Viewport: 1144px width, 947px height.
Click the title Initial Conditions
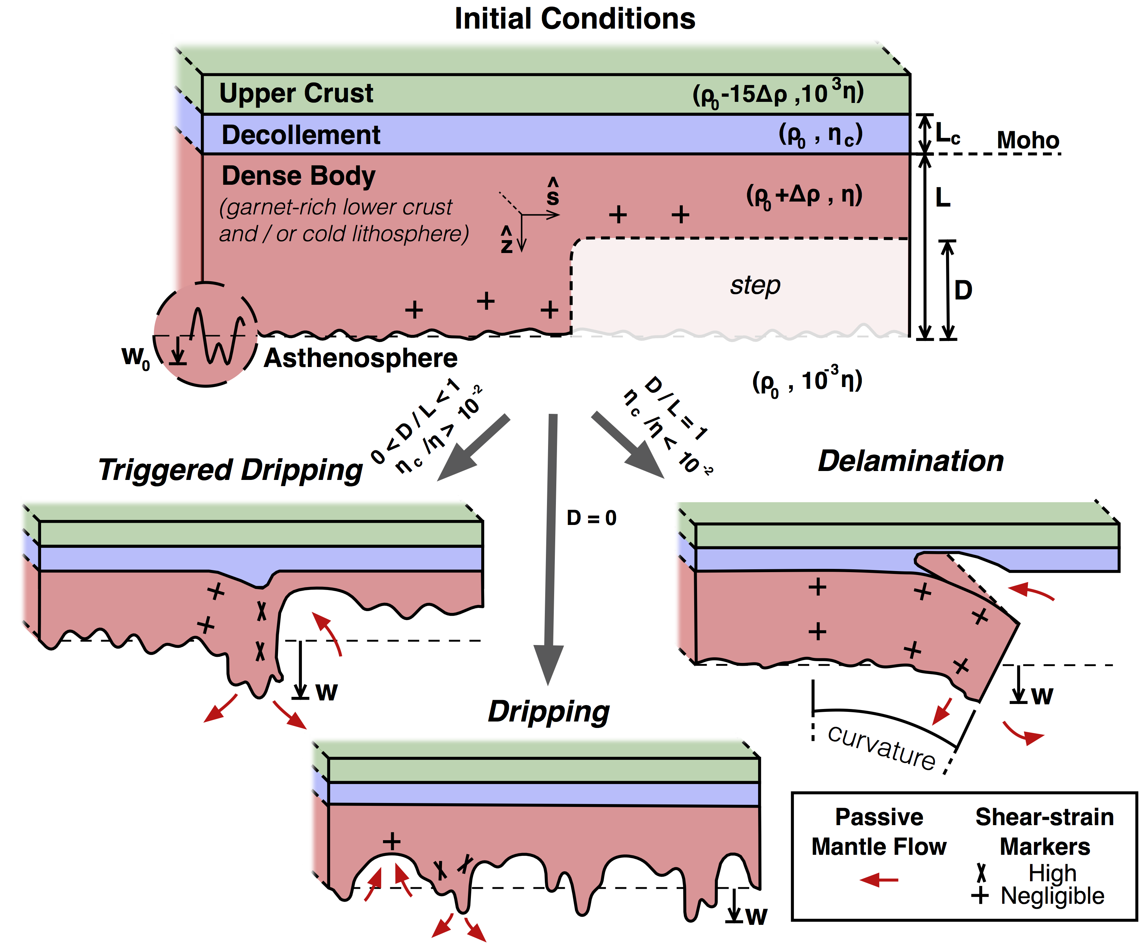pos(575,19)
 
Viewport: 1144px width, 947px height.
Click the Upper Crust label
pos(296,93)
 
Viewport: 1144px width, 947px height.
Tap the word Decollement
pos(301,135)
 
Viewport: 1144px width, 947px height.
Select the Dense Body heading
pos(299,176)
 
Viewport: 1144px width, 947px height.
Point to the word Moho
pos(1028,140)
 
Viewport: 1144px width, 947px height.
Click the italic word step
pos(755,285)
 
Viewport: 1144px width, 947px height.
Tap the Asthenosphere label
pos(360,358)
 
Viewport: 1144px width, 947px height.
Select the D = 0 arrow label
pos(591,518)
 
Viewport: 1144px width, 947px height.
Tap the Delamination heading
pos(910,461)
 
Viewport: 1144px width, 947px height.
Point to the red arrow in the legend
pos(879,879)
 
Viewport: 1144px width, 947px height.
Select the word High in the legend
pos(1052,873)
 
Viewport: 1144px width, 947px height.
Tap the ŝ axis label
pos(552,192)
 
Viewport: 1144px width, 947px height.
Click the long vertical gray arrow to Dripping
pos(550,545)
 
